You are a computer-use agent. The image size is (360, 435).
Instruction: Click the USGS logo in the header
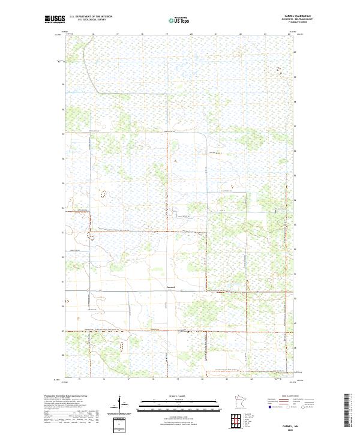(x=55, y=20)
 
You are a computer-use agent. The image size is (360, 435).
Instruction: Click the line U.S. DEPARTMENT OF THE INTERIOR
(x=91, y=17)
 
